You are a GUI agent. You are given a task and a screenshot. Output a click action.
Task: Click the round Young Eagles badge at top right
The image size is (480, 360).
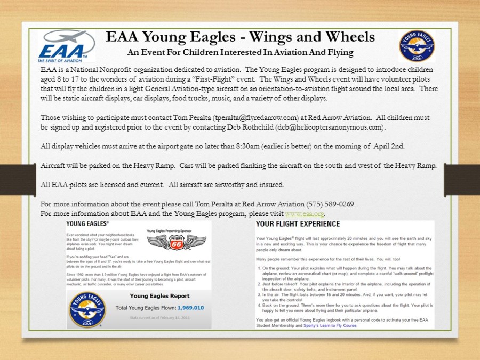417,46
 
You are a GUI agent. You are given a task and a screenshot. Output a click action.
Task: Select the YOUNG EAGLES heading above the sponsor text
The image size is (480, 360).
85,223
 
